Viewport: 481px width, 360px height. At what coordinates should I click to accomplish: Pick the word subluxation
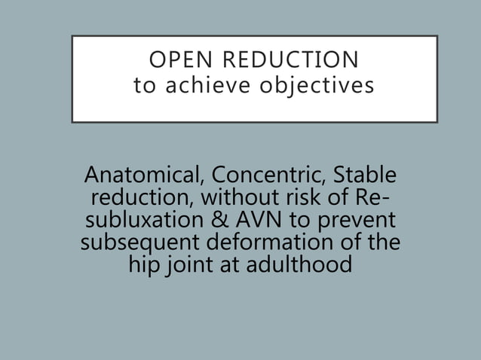coord(139,222)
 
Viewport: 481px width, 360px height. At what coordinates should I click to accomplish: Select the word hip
coord(143,267)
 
